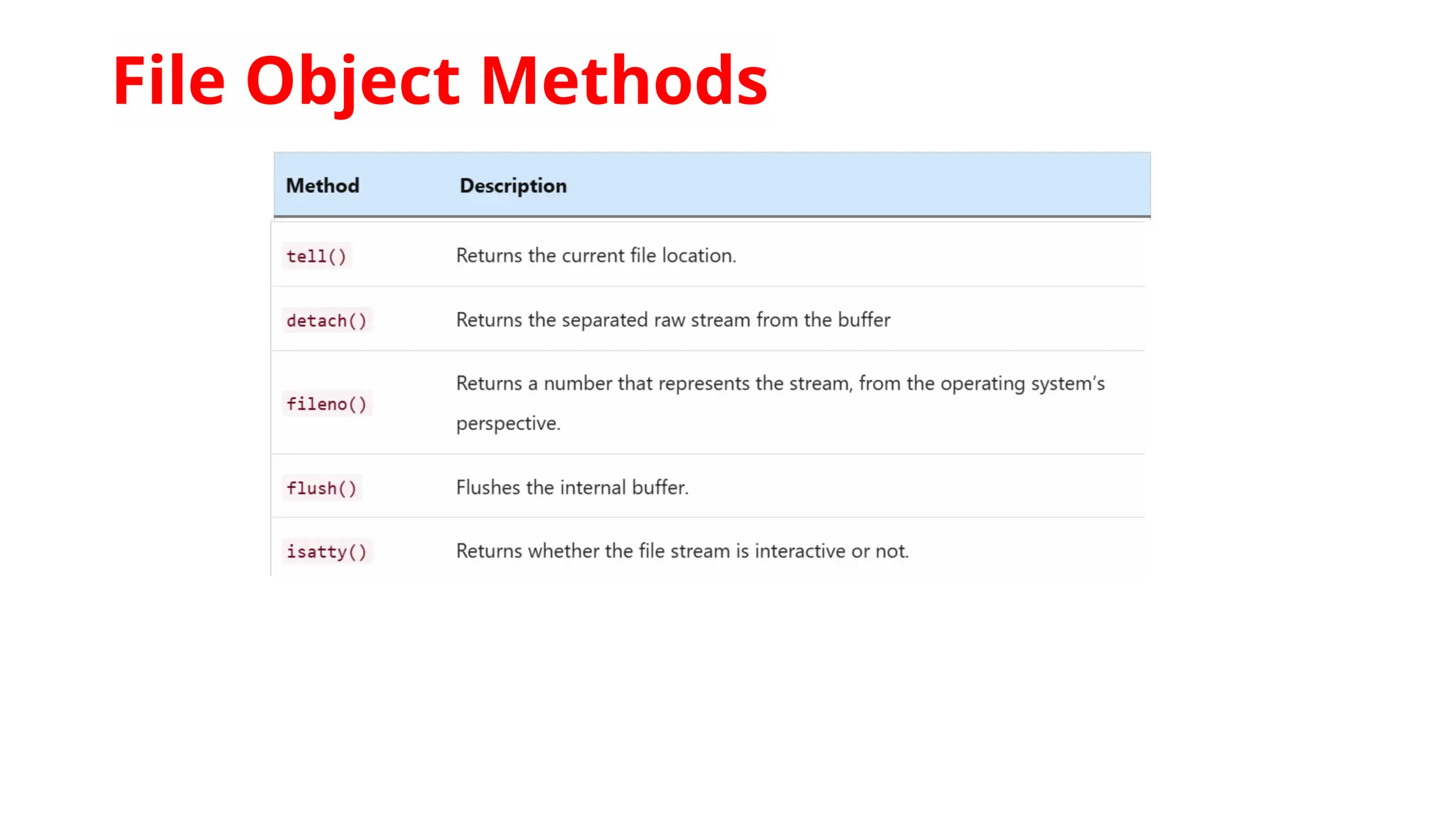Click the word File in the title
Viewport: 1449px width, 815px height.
coord(168,81)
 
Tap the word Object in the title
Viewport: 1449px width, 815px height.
coord(353,81)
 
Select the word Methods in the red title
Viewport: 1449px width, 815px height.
coord(624,81)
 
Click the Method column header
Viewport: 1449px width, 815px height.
coord(323,186)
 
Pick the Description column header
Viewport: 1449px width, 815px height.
coord(513,186)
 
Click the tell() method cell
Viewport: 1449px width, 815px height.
coord(316,256)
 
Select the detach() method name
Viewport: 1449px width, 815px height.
coord(326,320)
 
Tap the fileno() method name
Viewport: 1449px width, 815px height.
coord(326,404)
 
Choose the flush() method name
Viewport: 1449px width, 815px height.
coord(321,488)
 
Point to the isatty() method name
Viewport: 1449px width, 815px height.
coord(326,552)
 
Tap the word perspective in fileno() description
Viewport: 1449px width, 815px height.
coord(508,423)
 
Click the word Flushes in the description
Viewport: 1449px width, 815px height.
coord(488,487)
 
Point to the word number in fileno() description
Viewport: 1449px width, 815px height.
coord(577,383)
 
